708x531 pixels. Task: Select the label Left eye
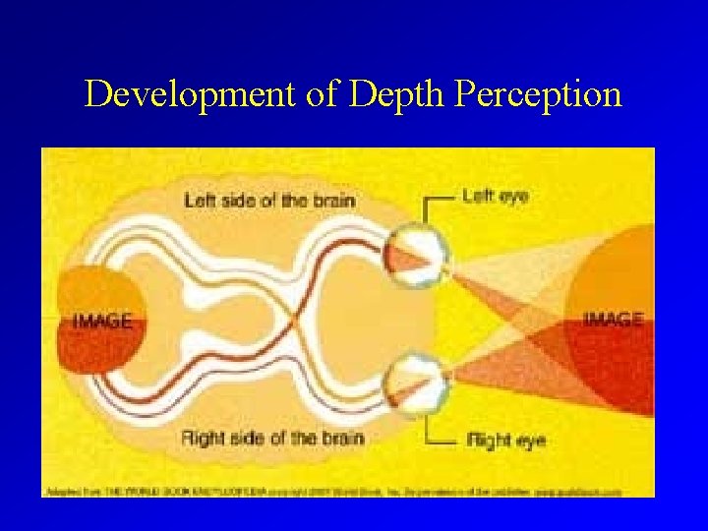coord(496,197)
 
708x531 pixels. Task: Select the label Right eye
coord(506,440)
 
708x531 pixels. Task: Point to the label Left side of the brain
coord(269,201)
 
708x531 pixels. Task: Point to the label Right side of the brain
coord(272,437)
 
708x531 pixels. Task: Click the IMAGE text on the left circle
coord(102,321)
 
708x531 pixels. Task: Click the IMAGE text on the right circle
coord(614,319)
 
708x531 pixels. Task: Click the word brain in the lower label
coord(341,437)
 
